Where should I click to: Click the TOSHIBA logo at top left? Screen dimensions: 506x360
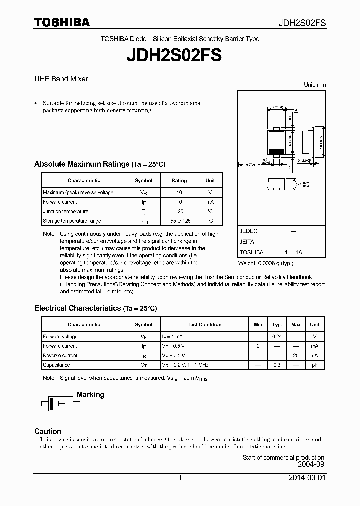[x=62, y=22]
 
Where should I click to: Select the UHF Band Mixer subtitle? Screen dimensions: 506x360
[x=61, y=79]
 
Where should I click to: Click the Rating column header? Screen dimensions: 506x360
[x=179, y=181]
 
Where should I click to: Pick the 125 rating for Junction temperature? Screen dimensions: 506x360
[x=179, y=211]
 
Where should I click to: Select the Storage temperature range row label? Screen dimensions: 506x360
[x=72, y=221]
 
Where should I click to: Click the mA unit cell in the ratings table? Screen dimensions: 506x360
[x=210, y=202]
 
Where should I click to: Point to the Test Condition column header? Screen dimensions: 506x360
[x=204, y=325]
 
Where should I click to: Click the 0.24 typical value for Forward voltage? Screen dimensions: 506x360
[x=277, y=337]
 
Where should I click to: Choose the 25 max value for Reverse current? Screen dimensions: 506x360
[x=296, y=356]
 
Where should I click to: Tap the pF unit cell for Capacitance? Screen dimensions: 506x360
[x=314, y=365]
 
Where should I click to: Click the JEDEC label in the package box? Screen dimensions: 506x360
[x=248, y=231]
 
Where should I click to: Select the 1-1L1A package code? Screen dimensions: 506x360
[x=293, y=253]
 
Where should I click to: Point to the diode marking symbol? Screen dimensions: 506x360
[x=56, y=403]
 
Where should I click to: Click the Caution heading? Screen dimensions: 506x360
[x=48, y=431]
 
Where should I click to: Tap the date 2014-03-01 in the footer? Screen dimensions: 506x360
[x=306, y=478]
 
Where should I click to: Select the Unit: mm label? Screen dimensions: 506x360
[x=315, y=85]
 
